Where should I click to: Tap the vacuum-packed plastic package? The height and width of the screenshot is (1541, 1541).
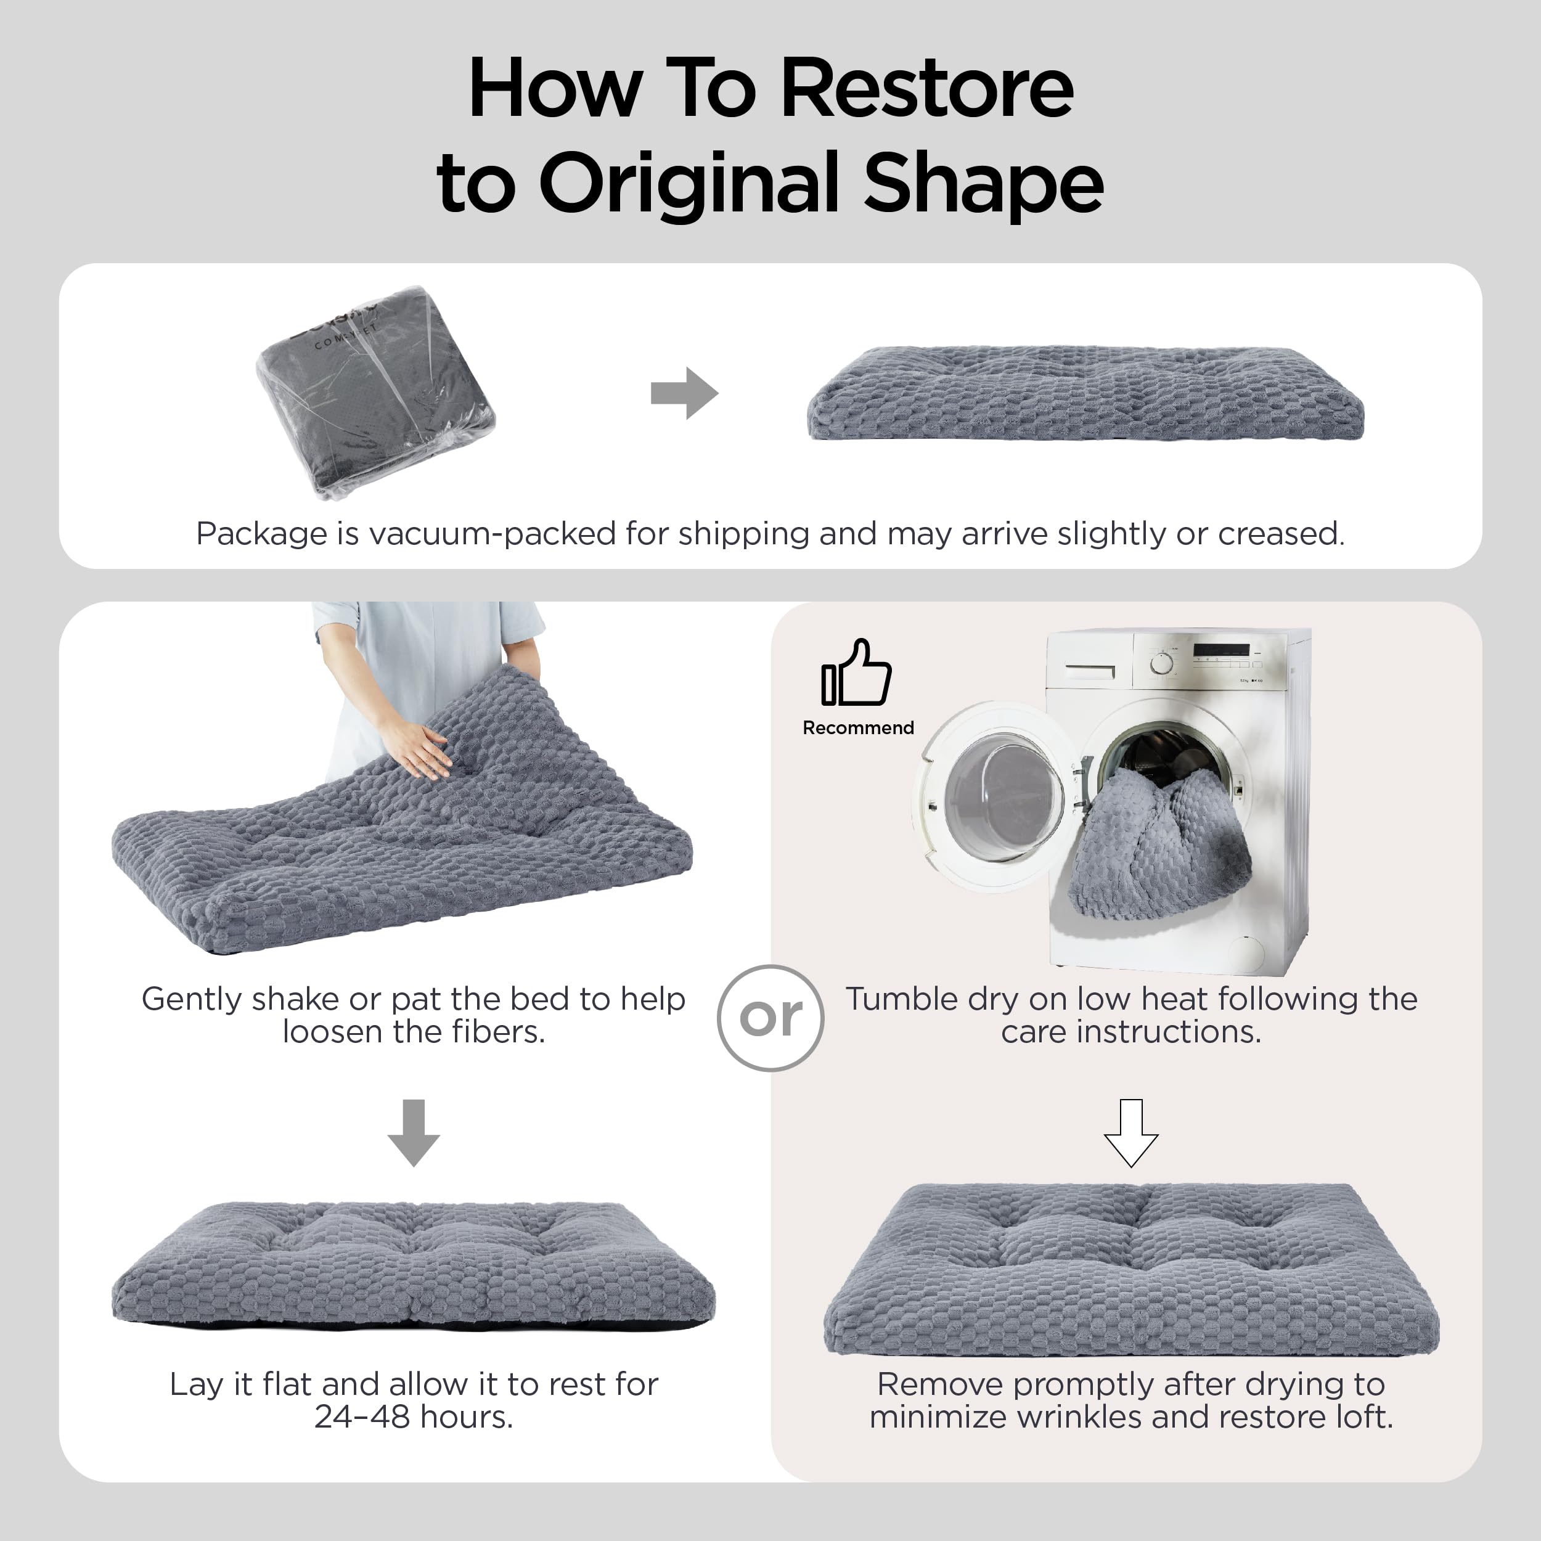click(x=375, y=391)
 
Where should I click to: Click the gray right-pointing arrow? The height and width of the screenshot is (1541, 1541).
click(x=684, y=393)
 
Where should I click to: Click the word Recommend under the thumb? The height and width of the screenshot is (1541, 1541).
click(x=858, y=727)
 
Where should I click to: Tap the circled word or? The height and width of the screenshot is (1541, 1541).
click(x=770, y=1018)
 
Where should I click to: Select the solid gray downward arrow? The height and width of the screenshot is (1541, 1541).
click(x=413, y=1132)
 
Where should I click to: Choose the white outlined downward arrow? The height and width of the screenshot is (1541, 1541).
click(x=1131, y=1132)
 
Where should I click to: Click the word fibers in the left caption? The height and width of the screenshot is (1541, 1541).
click(x=499, y=1031)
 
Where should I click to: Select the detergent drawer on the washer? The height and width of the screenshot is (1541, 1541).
click(x=1090, y=670)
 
